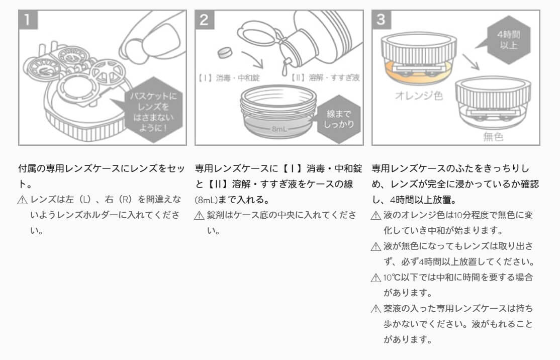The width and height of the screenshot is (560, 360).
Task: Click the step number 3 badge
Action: point(382,20)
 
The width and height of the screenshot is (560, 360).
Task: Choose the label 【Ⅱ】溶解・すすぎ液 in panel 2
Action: point(325,78)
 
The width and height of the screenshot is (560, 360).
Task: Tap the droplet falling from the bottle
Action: point(286,64)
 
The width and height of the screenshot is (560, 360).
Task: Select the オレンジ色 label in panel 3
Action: point(416,95)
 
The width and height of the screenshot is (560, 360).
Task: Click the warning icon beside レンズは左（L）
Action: point(22,200)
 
